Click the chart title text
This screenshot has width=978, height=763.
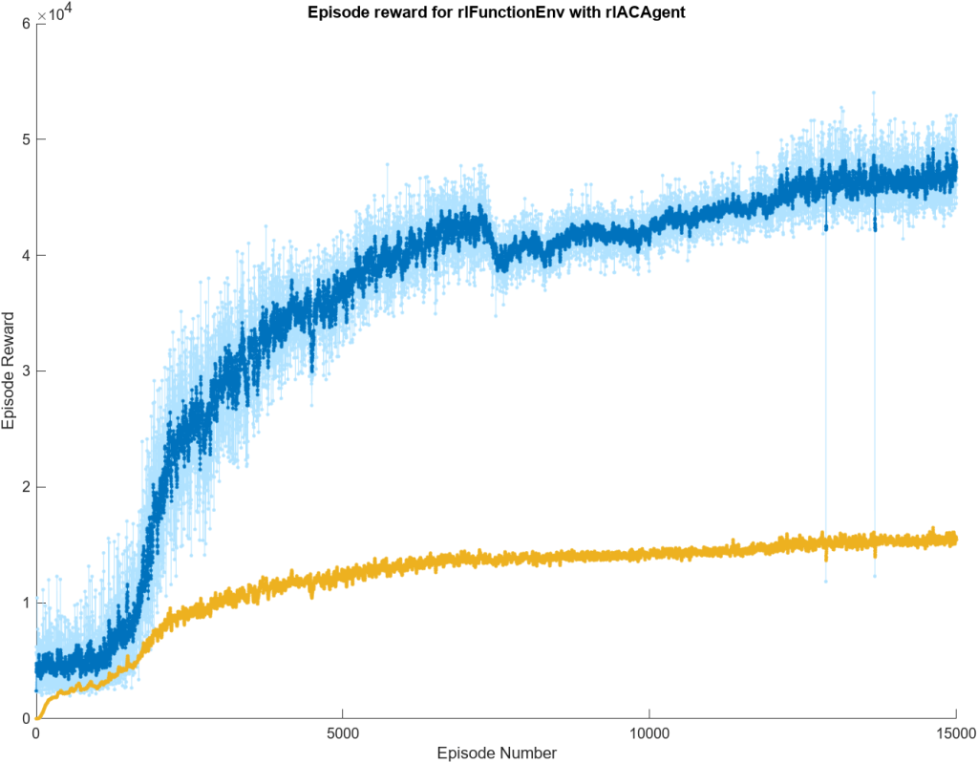click(496, 12)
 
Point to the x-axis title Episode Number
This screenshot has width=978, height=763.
click(496, 752)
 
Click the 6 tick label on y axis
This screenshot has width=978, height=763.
click(26, 24)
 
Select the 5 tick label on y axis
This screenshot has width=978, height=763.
click(26, 139)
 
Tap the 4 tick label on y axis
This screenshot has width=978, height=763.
click(26, 255)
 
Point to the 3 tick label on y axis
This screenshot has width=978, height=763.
click(26, 371)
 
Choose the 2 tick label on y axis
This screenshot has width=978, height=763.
click(26, 487)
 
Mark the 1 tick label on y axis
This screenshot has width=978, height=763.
click(26, 603)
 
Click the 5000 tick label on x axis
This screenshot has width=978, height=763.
click(343, 732)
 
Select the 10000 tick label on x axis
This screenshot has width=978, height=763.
click(648, 732)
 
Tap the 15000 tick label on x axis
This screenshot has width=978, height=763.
click(956, 732)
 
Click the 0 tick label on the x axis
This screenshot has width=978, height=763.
click(36, 732)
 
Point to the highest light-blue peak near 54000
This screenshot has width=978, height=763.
click(873, 93)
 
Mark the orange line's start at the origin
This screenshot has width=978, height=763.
click(37, 717)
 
